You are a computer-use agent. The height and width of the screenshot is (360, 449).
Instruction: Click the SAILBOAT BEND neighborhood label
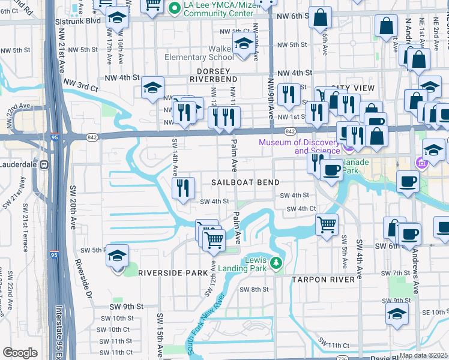coord(243,182)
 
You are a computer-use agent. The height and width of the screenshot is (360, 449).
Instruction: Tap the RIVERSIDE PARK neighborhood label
coord(164,272)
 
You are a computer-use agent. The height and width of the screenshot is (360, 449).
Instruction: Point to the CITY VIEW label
coord(352,88)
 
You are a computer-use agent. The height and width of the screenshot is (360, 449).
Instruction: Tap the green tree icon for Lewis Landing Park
coord(276,263)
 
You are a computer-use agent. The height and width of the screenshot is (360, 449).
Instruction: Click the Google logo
coord(20,352)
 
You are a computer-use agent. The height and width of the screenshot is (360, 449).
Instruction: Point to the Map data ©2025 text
coord(423,355)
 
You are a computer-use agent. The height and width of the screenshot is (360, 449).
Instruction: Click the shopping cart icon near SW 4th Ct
coord(327,225)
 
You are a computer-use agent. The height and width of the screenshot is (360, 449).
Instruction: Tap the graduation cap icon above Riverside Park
coord(118,256)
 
